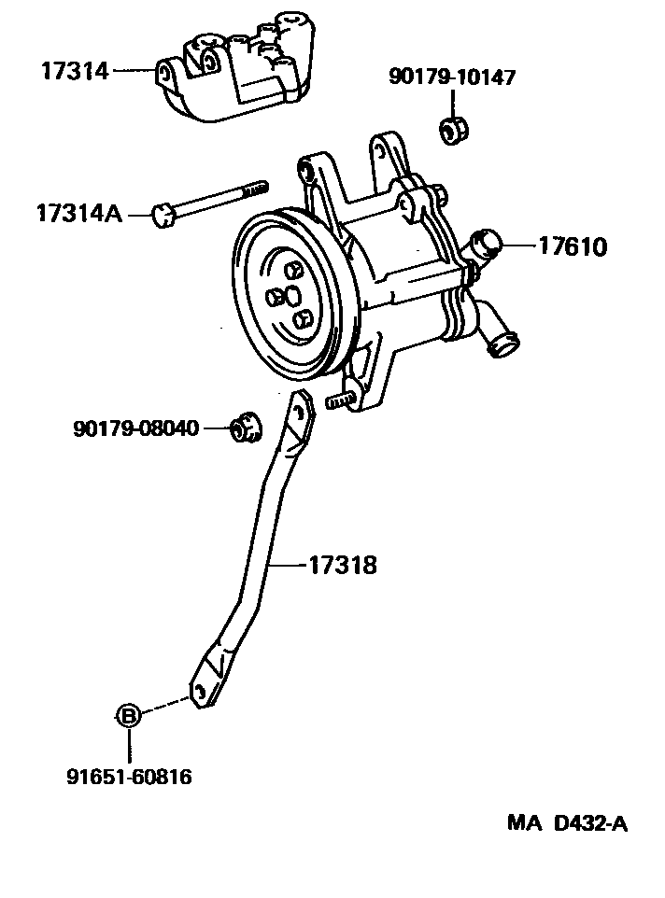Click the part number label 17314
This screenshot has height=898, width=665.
click(75, 69)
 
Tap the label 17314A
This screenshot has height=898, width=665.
click(79, 215)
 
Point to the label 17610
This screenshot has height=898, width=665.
click(572, 246)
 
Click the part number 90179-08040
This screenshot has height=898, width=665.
click(135, 428)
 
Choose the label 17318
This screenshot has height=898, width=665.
click(343, 565)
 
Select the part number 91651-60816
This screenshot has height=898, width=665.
click(129, 776)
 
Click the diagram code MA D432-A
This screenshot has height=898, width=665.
click(567, 823)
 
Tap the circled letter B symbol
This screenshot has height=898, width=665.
click(128, 716)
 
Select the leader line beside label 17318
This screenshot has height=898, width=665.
click(290, 565)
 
